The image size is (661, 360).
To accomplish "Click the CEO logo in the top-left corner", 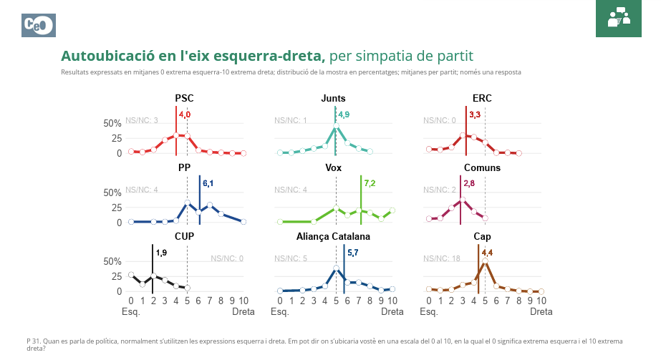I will point(39,26).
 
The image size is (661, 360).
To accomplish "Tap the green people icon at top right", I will point(618,18).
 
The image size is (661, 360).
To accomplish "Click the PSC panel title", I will point(184,99).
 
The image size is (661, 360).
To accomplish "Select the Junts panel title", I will point(334,99).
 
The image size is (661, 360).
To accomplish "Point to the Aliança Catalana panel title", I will point(333,237).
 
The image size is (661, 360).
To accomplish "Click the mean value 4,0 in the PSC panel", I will point(185,115).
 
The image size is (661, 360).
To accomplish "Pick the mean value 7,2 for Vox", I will point(370,184).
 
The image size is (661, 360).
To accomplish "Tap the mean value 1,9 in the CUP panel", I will point(161,253).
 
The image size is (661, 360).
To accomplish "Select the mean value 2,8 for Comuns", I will point(469,184).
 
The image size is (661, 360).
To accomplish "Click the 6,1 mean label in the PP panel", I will point(208,184).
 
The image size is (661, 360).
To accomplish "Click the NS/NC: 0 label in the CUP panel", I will point(227,258).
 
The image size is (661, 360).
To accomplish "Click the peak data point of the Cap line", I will point(485,261).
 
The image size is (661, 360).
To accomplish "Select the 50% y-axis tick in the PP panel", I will point(113,193).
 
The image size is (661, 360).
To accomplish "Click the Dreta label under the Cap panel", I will point(541,312).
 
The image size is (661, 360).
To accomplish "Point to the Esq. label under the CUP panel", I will point(131,312).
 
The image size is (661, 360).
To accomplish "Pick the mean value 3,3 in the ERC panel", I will point(475,115).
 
